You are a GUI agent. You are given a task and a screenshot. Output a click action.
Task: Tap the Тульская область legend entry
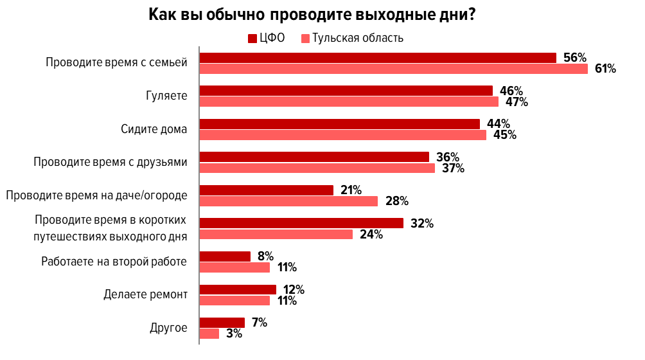tap(353, 37)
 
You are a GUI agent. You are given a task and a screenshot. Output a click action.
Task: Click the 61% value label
tap(605, 69)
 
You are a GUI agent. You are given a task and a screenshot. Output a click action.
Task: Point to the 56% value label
tap(574, 58)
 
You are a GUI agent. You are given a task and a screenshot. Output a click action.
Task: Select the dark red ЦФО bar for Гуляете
tap(346, 91)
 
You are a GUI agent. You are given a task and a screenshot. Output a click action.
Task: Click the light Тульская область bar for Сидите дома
tap(342, 135)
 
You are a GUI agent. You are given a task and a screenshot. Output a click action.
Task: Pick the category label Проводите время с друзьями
tap(110, 162)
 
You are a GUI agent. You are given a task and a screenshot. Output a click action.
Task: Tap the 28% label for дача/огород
tap(396, 201)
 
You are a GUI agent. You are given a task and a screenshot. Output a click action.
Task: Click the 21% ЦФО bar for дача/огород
tap(267, 190)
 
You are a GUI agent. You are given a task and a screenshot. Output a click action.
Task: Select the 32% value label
tap(422, 224)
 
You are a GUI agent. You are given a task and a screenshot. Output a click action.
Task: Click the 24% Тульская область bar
tap(276, 235)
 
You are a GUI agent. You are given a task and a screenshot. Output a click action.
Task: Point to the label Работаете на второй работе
tap(114, 262)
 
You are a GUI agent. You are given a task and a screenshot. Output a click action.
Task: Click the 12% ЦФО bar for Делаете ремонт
tap(238, 290)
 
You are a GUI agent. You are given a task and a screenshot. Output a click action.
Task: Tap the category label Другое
tap(168, 328)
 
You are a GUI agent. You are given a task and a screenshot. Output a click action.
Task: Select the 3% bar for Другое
tap(209, 334)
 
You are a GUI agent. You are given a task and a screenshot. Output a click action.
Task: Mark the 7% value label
tap(260, 323)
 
